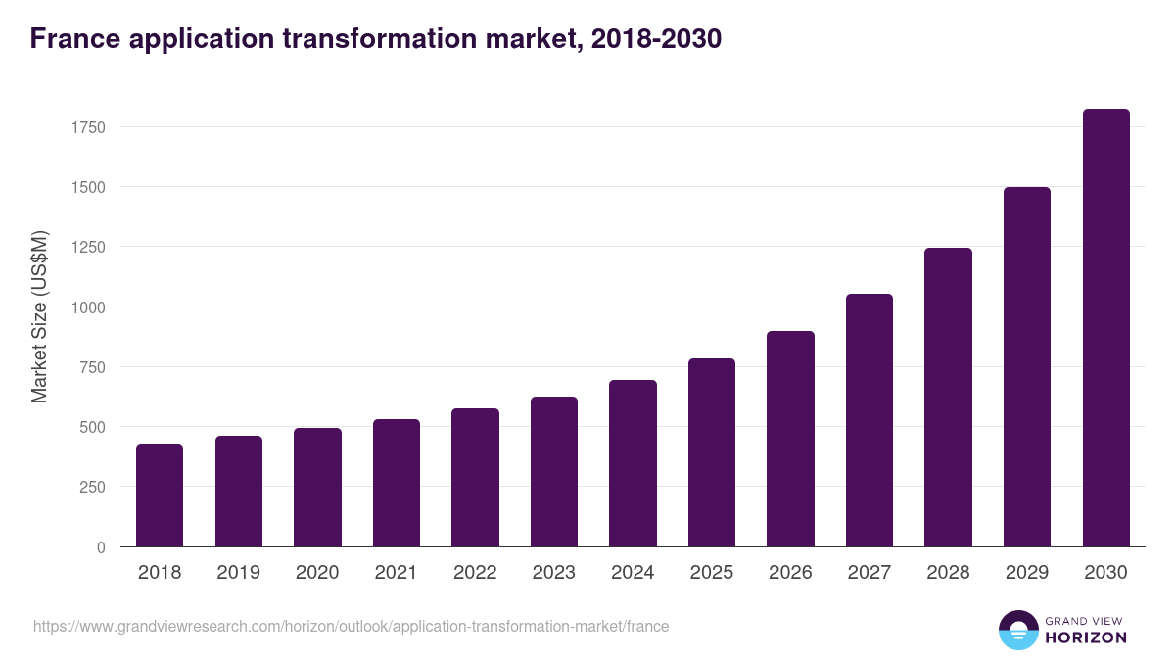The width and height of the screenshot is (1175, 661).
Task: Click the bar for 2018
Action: [x=160, y=496]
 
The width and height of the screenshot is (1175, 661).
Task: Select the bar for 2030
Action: [x=1105, y=328]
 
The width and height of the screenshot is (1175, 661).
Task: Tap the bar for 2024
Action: [x=633, y=463]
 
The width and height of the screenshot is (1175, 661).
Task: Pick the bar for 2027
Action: [x=869, y=420]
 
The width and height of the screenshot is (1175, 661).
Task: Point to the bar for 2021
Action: [x=397, y=483]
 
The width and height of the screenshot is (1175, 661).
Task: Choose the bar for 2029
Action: [x=1027, y=367]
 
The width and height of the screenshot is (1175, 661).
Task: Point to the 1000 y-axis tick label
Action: [x=86, y=307]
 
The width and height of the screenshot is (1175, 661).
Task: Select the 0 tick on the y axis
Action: [x=100, y=547]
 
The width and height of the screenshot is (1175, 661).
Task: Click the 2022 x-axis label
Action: [x=475, y=573]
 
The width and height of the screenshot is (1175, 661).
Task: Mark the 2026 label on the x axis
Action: [x=790, y=573]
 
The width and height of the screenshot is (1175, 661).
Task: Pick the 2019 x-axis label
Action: [x=238, y=573]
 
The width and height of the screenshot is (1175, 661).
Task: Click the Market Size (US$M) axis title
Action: [x=39, y=315]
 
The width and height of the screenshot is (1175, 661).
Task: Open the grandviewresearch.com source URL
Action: [x=352, y=626]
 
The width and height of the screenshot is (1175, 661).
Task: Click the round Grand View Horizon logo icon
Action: [x=1018, y=630]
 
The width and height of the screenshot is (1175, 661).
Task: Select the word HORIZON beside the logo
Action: [x=1085, y=637]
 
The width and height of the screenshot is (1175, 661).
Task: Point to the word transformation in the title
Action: [x=368, y=39]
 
